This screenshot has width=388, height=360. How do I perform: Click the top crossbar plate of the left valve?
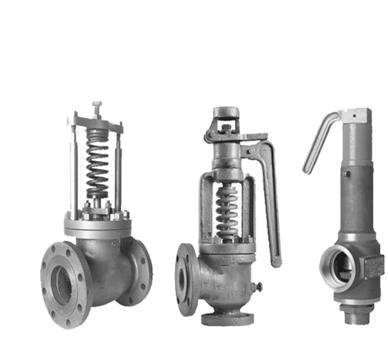point(98,123)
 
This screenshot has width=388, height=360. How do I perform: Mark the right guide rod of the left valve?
point(118,172)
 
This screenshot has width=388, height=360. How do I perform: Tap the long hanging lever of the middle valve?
point(272,205)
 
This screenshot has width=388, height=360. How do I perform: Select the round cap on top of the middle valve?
point(226,112)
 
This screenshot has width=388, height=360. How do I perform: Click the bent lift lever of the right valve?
point(320,138)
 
